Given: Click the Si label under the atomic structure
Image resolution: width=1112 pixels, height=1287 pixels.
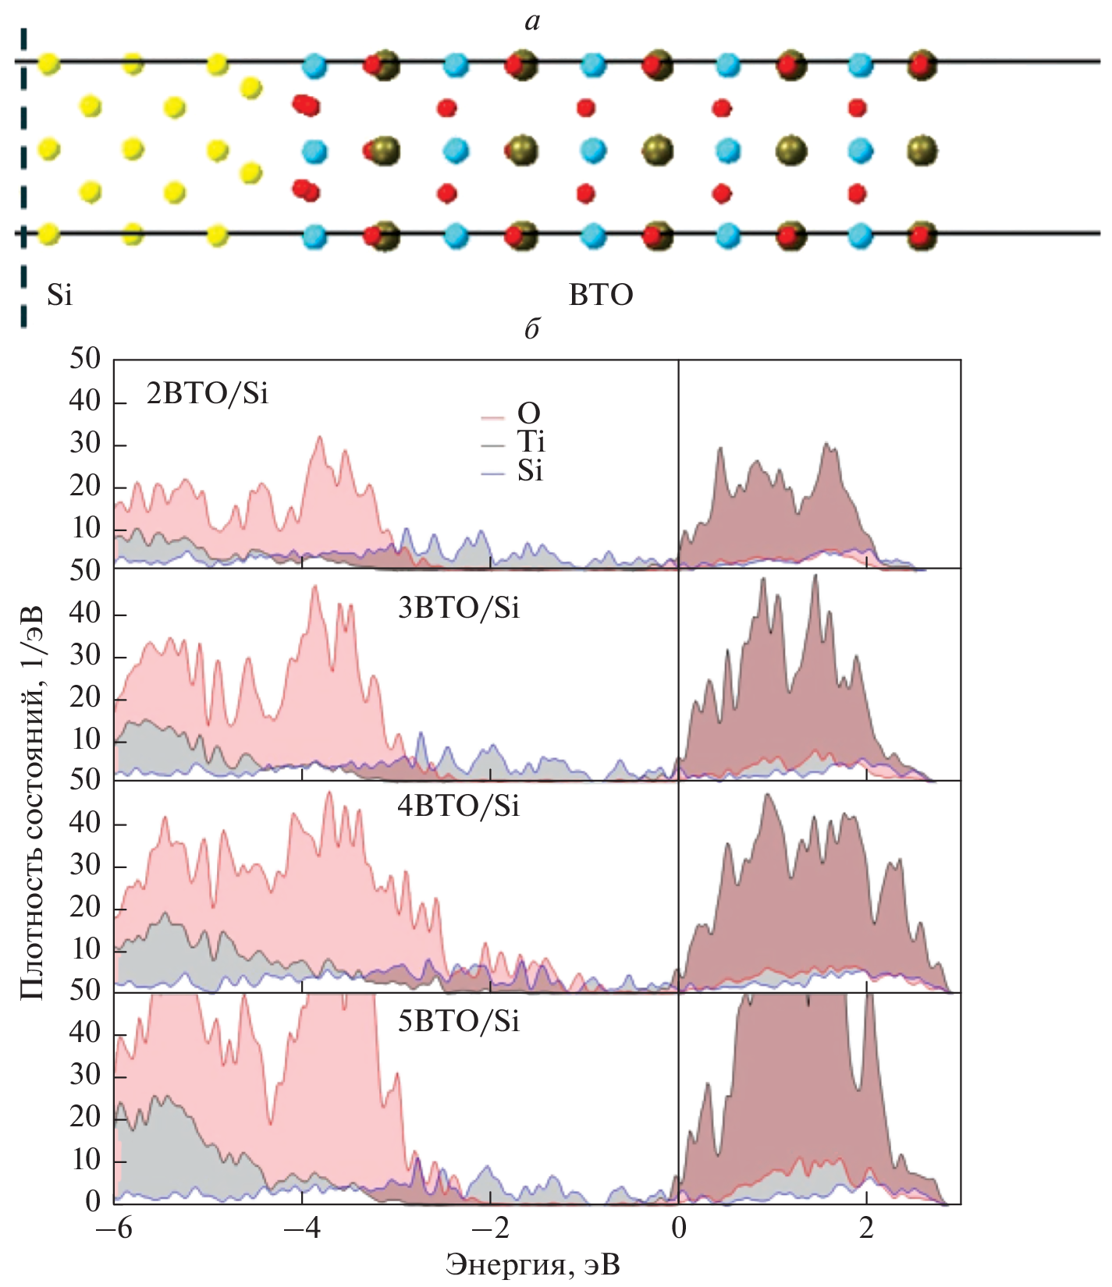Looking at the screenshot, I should point(59,296).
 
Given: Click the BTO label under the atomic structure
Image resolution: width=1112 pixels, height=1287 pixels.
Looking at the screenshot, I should point(601,296).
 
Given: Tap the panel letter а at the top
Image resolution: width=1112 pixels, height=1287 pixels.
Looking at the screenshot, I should point(532,21).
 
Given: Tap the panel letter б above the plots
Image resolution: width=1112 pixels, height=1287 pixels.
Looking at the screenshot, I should point(531,330).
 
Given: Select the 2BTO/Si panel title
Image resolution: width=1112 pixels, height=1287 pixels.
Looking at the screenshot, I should point(207,394).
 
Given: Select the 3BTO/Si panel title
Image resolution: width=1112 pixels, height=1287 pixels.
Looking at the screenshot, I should point(458,608).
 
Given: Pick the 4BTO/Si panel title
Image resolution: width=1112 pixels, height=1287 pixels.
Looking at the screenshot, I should point(458,806).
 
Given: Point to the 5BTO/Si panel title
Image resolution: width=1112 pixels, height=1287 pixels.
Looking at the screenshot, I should point(458,1021).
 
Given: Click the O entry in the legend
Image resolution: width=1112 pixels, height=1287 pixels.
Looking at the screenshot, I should point(528,413).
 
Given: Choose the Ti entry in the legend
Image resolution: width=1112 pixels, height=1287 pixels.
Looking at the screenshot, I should point(531,442).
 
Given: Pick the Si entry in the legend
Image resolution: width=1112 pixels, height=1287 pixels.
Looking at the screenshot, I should point(530,471).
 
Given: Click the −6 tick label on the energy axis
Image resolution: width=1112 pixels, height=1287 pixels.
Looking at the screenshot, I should point(113,1228).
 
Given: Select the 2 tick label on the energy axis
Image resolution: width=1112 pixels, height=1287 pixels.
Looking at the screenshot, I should point(866,1228).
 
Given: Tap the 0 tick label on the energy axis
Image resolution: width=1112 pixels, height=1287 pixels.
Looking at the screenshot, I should point(679,1228).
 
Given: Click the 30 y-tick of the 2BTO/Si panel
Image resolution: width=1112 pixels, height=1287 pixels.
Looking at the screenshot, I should point(85,444).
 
